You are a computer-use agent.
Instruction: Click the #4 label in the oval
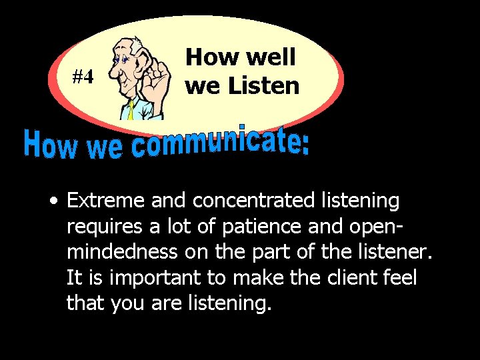pyautogui.click(x=83, y=77)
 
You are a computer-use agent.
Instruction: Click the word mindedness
pyautogui.click(x=122, y=251)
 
